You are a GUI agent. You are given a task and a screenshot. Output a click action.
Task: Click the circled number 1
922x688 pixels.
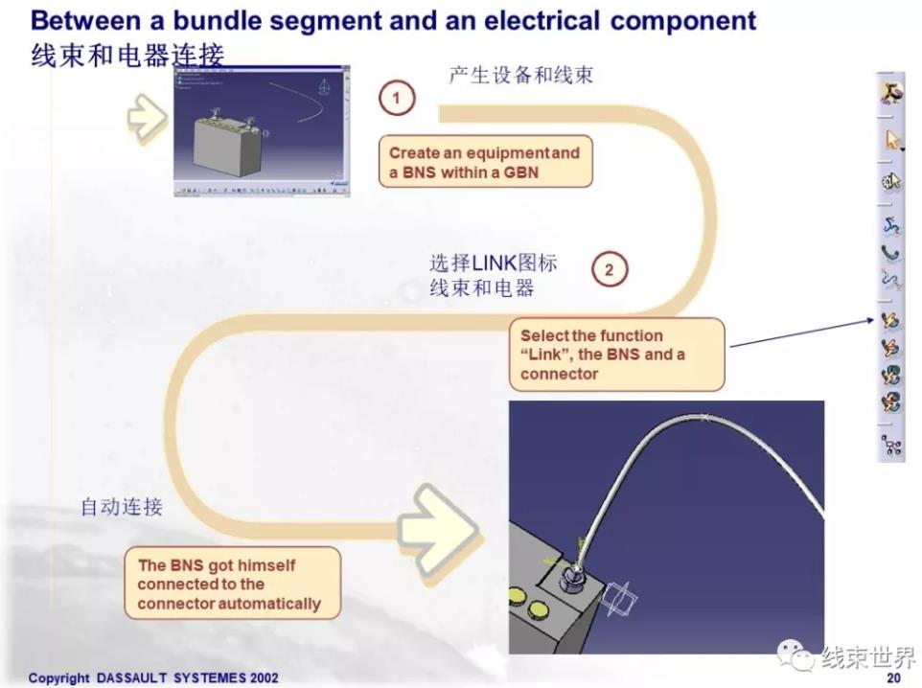point(397,98)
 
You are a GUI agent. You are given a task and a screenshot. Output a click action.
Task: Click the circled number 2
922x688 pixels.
point(609,270)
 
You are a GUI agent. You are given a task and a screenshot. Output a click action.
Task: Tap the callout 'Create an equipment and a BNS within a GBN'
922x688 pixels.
point(485,163)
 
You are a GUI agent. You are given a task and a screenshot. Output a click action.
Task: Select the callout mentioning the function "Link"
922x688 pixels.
point(616,355)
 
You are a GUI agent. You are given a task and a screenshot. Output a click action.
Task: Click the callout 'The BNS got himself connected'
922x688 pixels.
point(231,584)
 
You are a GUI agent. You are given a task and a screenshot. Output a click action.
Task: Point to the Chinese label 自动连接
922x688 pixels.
point(122,508)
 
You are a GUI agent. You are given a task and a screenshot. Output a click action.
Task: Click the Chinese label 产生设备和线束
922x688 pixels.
point(520,75)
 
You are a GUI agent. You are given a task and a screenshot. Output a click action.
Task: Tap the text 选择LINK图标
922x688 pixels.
point(494,263)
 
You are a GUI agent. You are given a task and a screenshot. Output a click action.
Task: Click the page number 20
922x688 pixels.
point(893,677)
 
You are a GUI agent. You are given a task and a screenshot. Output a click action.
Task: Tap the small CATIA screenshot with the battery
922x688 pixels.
point(256,132)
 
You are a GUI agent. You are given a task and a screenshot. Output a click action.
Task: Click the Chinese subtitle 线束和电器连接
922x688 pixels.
point(127,57)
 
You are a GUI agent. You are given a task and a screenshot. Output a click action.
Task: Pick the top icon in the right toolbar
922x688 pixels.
point(891,93)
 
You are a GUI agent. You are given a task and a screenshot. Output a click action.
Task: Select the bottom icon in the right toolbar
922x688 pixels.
point(891,444)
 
